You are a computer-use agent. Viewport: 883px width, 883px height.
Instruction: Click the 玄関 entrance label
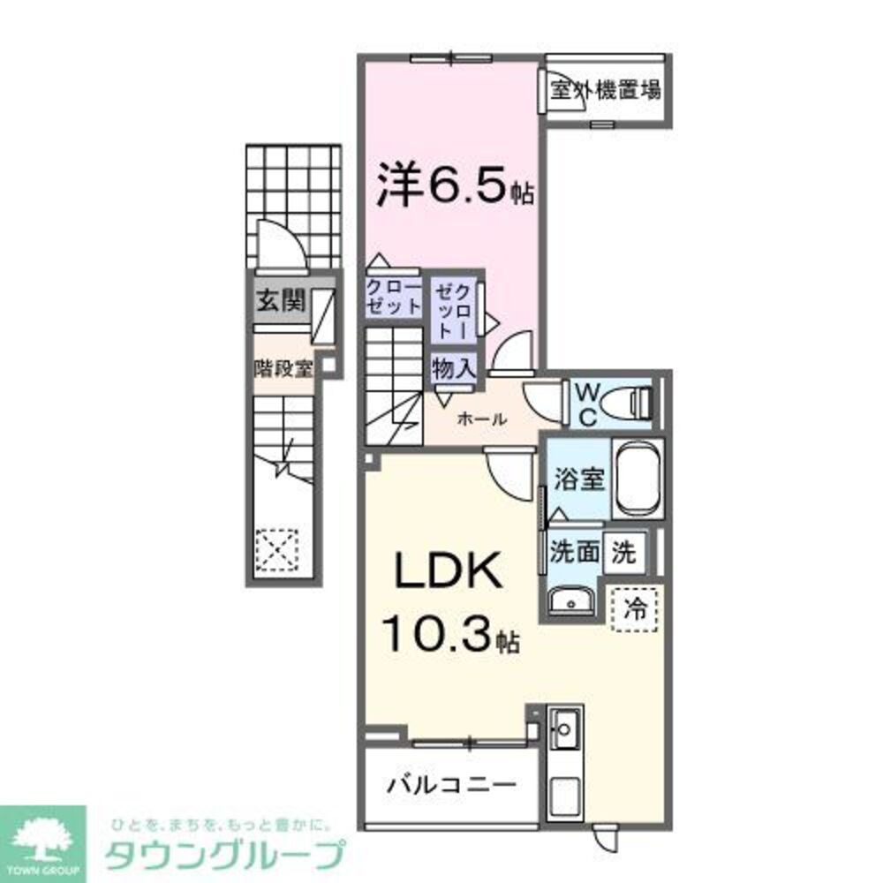[280, 302]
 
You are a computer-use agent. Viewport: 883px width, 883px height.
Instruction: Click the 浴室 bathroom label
[578, 480]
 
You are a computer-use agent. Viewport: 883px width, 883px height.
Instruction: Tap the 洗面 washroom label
[575, 553]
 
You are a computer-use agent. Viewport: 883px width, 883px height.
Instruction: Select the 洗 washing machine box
[624, 553]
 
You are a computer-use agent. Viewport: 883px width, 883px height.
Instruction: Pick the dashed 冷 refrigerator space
[634, 608]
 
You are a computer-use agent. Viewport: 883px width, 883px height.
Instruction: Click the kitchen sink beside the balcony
[562, 729]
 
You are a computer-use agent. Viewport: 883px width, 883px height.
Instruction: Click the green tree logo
[42, 840]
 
